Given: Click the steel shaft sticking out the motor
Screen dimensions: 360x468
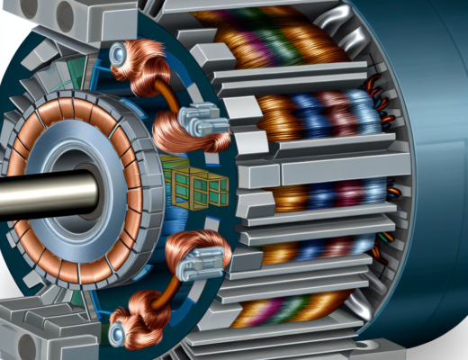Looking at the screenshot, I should coord(36,192).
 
